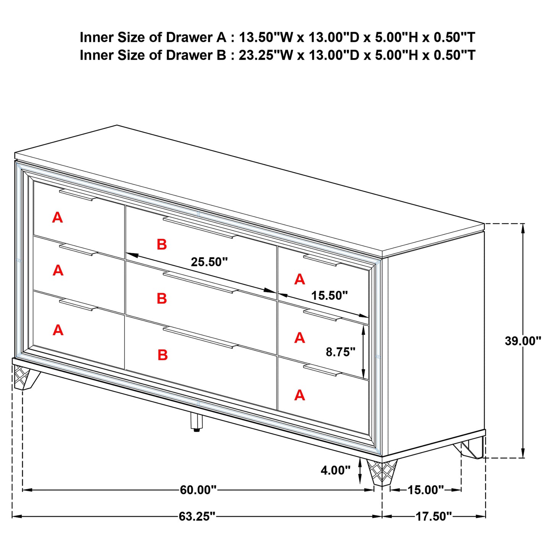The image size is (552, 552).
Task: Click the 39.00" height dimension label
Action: coord(523,341)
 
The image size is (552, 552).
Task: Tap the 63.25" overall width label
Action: coord(197,516)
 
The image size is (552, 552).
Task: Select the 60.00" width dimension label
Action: coord(198,490)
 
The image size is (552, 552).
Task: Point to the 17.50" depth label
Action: coord(434,516)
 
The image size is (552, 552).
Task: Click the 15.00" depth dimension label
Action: coord(426,490)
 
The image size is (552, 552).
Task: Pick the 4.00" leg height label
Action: coord(335,470)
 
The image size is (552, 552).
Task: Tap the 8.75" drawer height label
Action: coord(340,352)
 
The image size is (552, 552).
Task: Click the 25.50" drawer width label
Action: coord(209,262)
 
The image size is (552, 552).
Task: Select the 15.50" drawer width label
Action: coord(329,295)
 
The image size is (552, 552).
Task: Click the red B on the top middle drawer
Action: coord(162,244)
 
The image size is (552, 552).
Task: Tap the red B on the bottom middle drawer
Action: coord(163,355)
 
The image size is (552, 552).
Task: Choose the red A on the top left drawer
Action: coord(57,218)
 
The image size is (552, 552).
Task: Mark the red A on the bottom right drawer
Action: coord(299,395)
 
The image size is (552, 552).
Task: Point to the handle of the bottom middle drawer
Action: coord(201,337)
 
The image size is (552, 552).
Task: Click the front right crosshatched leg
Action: coord(381,472)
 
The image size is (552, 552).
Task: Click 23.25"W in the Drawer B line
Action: coord(265,55)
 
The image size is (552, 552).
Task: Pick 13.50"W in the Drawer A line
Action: coord(265,37)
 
